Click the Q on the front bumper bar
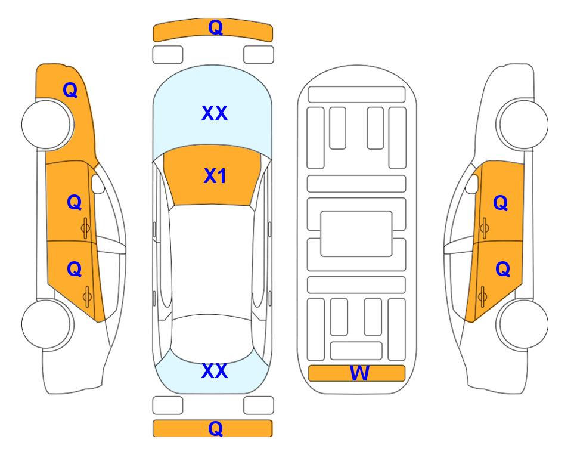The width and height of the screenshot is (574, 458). (215, 27)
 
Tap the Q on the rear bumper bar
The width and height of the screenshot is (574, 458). (215, 428)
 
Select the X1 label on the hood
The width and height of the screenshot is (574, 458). (215, 176)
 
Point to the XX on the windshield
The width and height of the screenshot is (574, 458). (215, 113)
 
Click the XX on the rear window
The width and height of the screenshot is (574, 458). (215, 371)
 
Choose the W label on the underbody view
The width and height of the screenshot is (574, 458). (359, 373)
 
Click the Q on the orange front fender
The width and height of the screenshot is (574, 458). (70, 90)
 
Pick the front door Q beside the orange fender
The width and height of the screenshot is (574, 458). (75, 202)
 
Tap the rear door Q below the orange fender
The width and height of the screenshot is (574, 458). (75, 270)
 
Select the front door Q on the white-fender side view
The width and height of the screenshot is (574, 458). (501, 203)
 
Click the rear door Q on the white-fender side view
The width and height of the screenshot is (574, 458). (502, 270)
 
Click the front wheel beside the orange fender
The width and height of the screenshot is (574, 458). (47, 124)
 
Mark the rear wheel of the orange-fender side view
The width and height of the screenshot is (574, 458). (47, 324)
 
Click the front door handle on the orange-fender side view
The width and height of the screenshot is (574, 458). (86, 228)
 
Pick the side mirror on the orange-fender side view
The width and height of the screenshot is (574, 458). (98, 184)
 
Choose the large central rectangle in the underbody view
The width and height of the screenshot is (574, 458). (356, 234)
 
